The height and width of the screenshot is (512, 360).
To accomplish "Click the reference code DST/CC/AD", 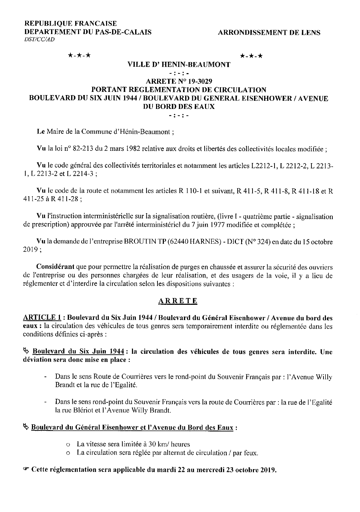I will tap(39, 40).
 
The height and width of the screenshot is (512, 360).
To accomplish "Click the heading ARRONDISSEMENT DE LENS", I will tap(269, 33).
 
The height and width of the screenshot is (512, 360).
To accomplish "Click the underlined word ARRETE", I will tap(178, 301).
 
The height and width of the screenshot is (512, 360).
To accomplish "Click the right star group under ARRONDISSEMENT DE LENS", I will tap(251, 56).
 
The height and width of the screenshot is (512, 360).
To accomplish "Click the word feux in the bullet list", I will tap(251, 453).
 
